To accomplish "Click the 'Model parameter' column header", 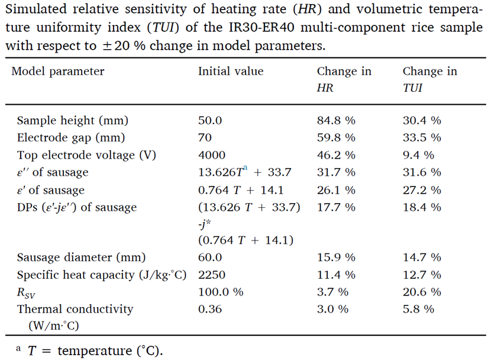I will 58,72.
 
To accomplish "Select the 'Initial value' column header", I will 231,72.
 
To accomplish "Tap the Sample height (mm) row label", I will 73,121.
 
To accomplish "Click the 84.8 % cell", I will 336,121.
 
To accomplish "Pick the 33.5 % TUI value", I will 422,138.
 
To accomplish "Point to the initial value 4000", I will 212,155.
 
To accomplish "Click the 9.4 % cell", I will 418,155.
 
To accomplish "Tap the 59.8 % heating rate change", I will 336,138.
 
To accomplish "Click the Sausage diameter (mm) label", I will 81,258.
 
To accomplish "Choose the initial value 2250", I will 212,275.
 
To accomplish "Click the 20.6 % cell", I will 422,292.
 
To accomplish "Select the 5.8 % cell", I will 418,309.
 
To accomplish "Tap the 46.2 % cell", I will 336,155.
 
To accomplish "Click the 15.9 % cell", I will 336,258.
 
